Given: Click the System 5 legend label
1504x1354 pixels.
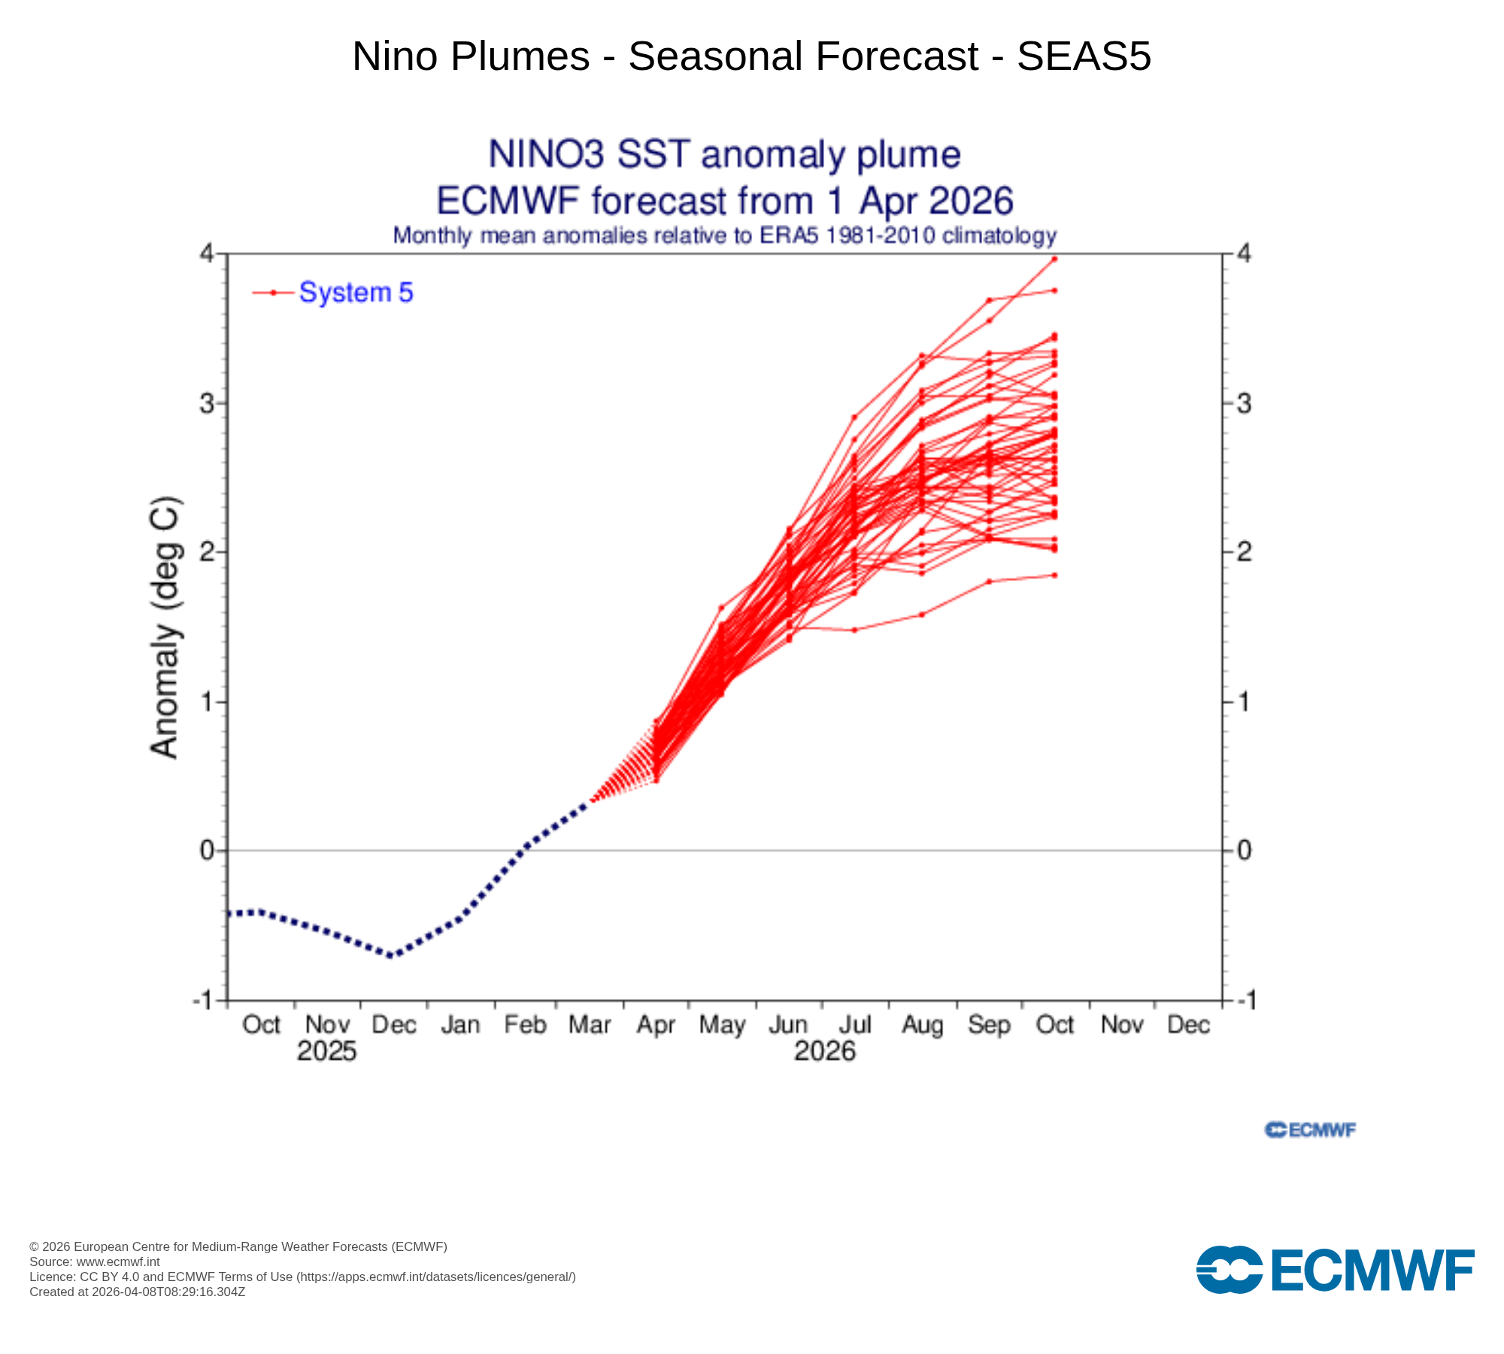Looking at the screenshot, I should pos(356,293).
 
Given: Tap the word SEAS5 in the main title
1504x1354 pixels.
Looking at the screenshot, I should pos(1084,56).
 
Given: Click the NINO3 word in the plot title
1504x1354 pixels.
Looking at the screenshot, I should pos(546,154).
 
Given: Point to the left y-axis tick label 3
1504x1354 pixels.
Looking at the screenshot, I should pos(206,404).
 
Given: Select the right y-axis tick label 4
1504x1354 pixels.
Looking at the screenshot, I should pos(1245,254).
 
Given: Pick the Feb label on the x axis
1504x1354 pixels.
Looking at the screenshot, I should pos(525,1025).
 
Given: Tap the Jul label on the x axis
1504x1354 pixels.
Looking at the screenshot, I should pos(855,1025).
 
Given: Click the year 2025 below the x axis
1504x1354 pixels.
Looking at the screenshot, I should pos(326,1051).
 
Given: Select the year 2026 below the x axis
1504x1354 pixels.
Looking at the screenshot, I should pos(825,1051).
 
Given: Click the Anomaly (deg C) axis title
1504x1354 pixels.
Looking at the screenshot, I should pos(165,627).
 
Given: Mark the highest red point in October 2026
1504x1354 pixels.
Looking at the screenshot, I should pos(1054,259).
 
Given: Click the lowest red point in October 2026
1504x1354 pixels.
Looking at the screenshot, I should pos(1054,575).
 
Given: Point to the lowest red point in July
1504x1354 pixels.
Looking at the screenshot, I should pos(854,630).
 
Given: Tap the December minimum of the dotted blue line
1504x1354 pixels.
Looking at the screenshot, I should pos(390,956).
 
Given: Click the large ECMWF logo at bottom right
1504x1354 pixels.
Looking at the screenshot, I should pos(1335,1270).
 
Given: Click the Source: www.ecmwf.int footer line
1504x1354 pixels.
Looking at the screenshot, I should pos(95,1261).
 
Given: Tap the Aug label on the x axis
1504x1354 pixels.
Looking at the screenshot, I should pos(922,1025).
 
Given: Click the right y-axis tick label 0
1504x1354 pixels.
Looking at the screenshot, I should pos(1245,851).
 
